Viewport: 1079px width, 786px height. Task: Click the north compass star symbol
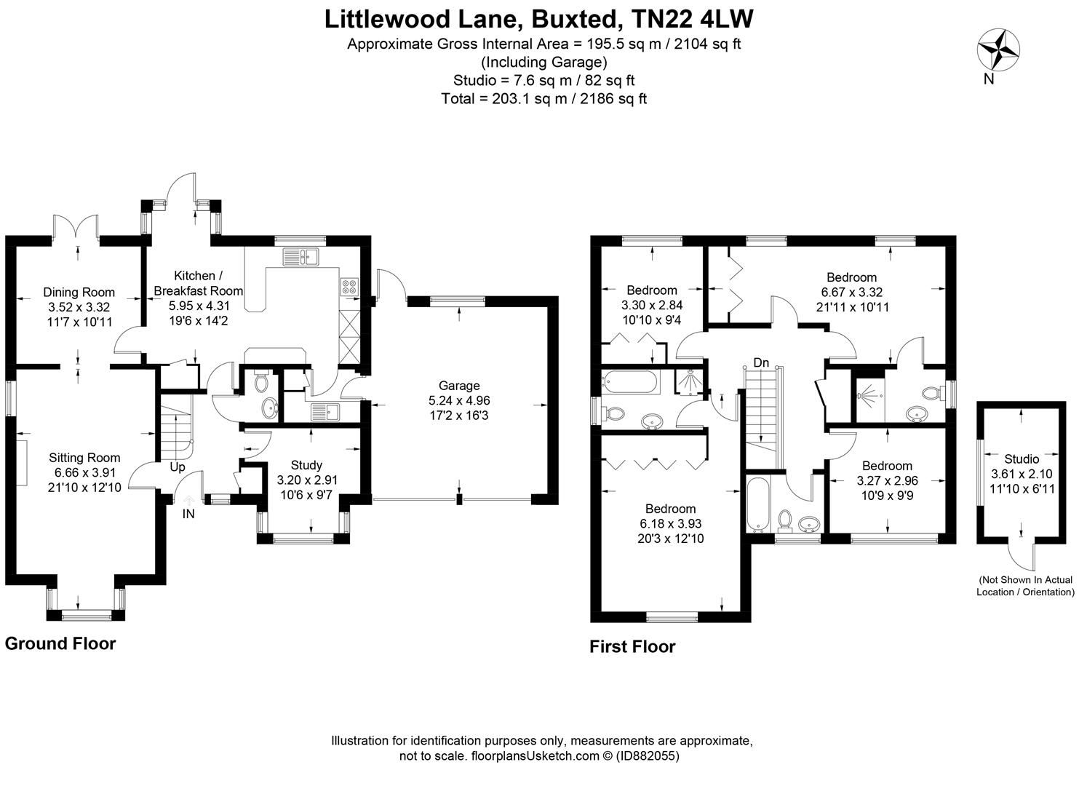998,49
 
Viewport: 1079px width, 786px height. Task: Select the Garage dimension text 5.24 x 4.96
458,400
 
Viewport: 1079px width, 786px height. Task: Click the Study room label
306,465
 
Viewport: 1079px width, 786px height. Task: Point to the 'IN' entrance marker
188,514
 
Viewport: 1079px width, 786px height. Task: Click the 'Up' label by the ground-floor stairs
178,467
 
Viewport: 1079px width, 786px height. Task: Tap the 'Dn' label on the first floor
761,362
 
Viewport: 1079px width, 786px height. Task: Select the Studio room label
1022,459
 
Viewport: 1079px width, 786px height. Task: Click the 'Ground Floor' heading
60,643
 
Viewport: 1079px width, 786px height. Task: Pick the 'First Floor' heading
632,646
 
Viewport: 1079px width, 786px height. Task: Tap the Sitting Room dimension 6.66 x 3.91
84,472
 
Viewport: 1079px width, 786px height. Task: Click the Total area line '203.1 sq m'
544,98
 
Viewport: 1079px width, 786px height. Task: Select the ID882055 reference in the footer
648,755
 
